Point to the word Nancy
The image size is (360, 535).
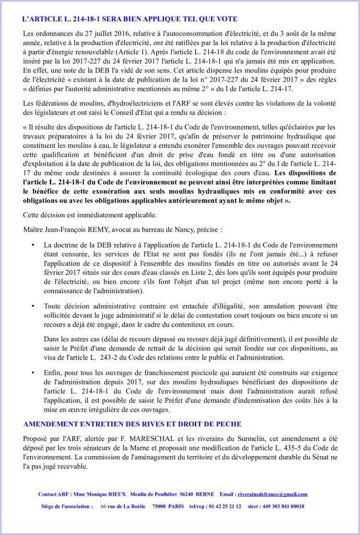198,229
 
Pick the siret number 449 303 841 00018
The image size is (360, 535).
283,506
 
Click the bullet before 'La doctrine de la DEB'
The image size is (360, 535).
33,245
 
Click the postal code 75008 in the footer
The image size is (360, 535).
157,506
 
